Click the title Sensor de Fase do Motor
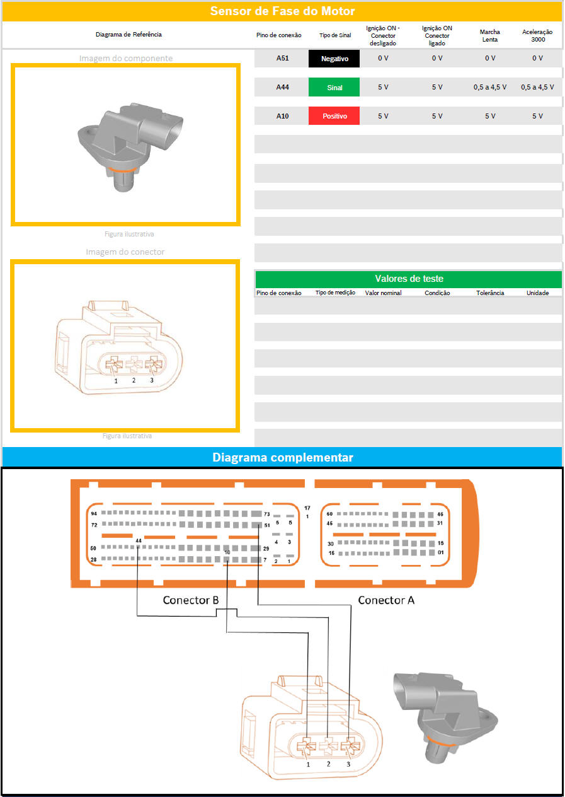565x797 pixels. [x=282, y=11]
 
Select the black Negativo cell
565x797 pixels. [x=334, y=59]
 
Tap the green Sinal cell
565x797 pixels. [x=334, y=87]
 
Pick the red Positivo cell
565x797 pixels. [x=334, y=116]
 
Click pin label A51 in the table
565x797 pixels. [x=282, y=59]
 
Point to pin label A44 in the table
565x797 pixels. [x=282, y=87]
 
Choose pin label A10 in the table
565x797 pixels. [x=282, y=116]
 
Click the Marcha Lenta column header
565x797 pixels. [x=490, y=35]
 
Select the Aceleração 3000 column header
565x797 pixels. [x=538, y=35]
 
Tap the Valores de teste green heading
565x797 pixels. [x=409, y=279]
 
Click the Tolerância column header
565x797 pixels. [x=490, y=293]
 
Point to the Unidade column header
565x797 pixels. [x=538, y=293]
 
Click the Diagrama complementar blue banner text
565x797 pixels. [x=282, y=457]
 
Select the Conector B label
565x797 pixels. [x=190, y=600]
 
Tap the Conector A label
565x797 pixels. [x=386, y=600]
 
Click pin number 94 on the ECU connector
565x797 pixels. [x=94, y=513]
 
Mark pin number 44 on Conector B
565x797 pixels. [x=139, y=540]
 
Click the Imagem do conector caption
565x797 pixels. [x=125, y=252]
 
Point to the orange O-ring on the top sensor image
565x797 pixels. [x=121, y=170]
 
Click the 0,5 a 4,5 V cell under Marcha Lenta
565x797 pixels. [x=490, y=87]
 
